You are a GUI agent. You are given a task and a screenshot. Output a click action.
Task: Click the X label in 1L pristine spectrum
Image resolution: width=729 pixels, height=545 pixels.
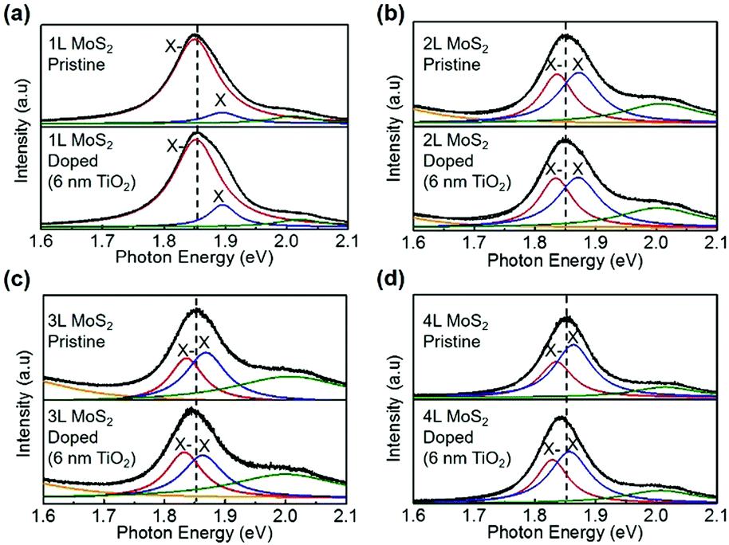pos(221,100)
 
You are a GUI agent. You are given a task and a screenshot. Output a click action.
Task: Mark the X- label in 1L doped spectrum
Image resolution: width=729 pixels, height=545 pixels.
pos(175,147)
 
